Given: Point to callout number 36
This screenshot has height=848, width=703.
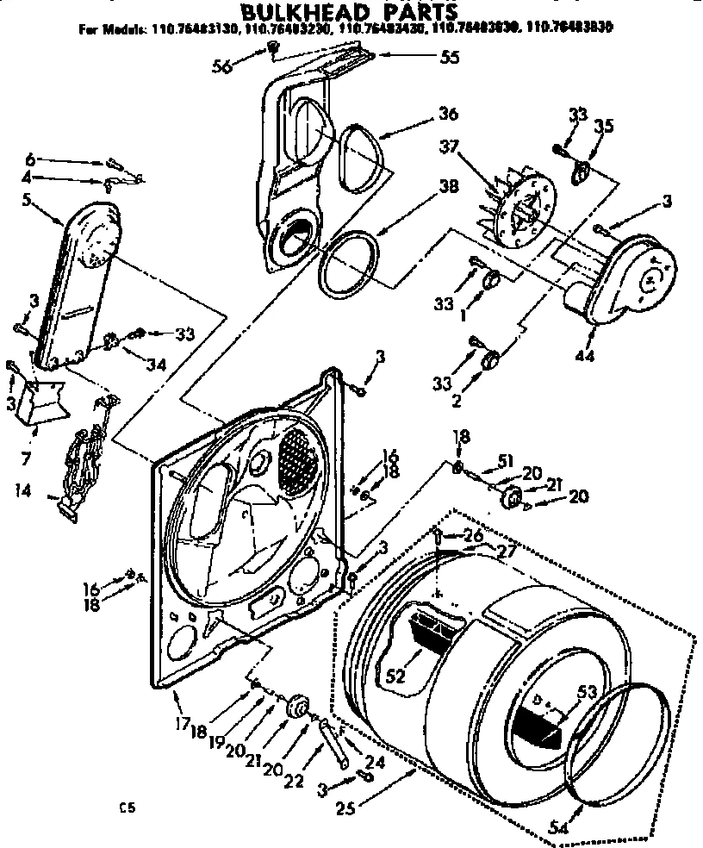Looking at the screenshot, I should click(446, 114).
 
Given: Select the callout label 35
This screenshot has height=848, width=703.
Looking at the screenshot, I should click(604, 126).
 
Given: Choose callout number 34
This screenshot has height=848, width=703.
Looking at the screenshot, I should click(156, 365).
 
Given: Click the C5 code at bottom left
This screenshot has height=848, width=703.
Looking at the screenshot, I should click(128, 807).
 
